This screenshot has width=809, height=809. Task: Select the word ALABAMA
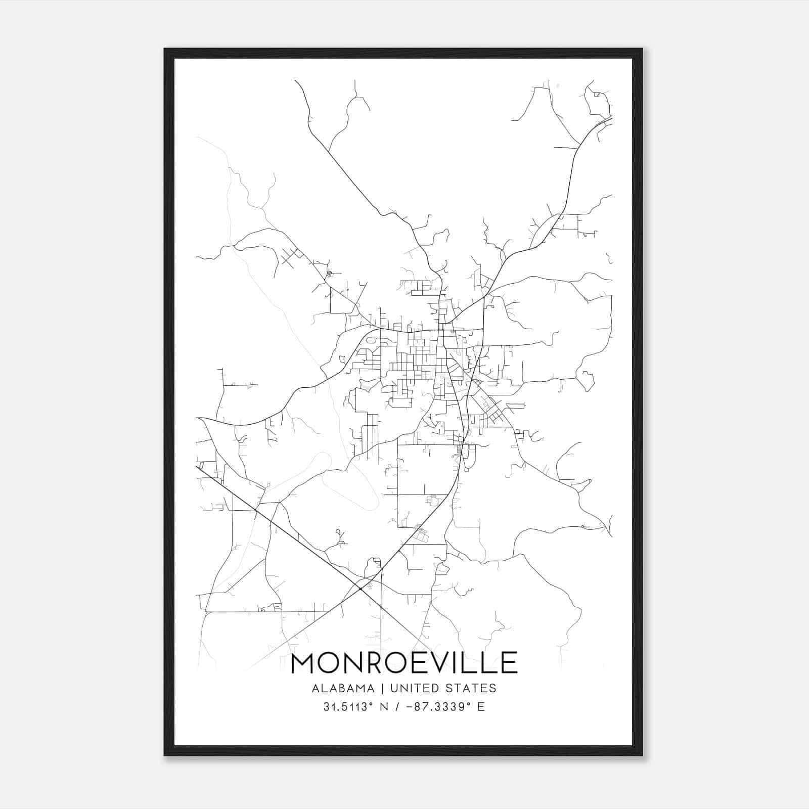(343, 688)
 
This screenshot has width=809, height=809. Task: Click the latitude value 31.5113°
(349, 707)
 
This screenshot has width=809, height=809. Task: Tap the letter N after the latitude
(385, 707)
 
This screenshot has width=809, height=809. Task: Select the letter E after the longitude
(481, 707)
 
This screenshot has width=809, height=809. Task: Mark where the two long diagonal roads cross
(360, 589)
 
